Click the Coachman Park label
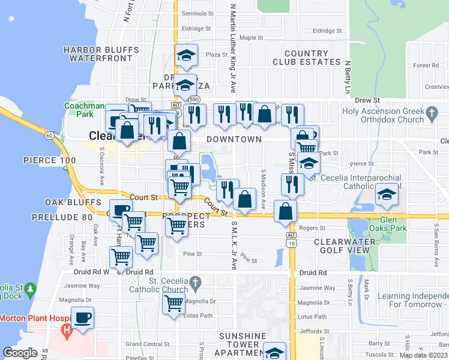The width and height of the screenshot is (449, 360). click(x=80, y=109)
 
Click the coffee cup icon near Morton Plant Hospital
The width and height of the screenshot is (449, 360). click(x=82, y=317)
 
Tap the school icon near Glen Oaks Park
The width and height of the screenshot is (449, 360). click(x=386, y=196)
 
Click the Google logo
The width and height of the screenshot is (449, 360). click(x=20, y=353)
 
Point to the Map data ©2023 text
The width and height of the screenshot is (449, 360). click(x=423, y=355)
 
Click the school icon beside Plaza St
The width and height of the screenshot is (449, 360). click(x=187, y=55)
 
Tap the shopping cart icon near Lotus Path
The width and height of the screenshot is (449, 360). click(x=173, y=303)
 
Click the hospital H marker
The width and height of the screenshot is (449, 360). click(x=67, y=330)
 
